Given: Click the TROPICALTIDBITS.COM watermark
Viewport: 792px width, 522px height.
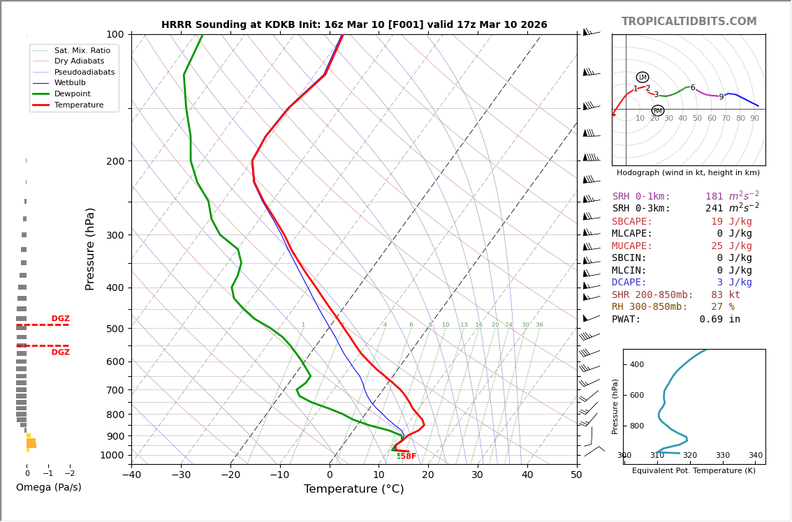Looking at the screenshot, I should click(x=689, y=22).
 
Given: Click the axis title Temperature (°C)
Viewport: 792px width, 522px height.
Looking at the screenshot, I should click(x=353, y=489).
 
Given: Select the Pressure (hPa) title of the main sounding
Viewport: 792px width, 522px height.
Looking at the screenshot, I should click(x=90, y=248).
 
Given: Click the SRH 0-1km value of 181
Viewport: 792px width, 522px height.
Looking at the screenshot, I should click(x=714, y=197).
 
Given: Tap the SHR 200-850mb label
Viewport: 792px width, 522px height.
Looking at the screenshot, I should click(x=652, y=294).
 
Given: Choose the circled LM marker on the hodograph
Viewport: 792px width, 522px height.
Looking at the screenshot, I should click(x=643, y=77).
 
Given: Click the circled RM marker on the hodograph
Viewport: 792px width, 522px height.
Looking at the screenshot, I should click(x=658, y=111).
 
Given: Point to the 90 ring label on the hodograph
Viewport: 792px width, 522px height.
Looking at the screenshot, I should click(x=754, y=119).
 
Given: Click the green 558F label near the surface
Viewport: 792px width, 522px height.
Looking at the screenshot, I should click(x=406, y=456).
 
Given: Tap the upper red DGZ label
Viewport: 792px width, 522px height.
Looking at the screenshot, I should click(x=60, y=319).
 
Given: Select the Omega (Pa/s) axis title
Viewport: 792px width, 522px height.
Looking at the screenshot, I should click(x=48, y=487).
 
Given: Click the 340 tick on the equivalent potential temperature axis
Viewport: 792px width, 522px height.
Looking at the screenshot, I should click(x=756, y=456).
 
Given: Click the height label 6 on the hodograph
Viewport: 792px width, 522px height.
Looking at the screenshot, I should click(x=693, y=88).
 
